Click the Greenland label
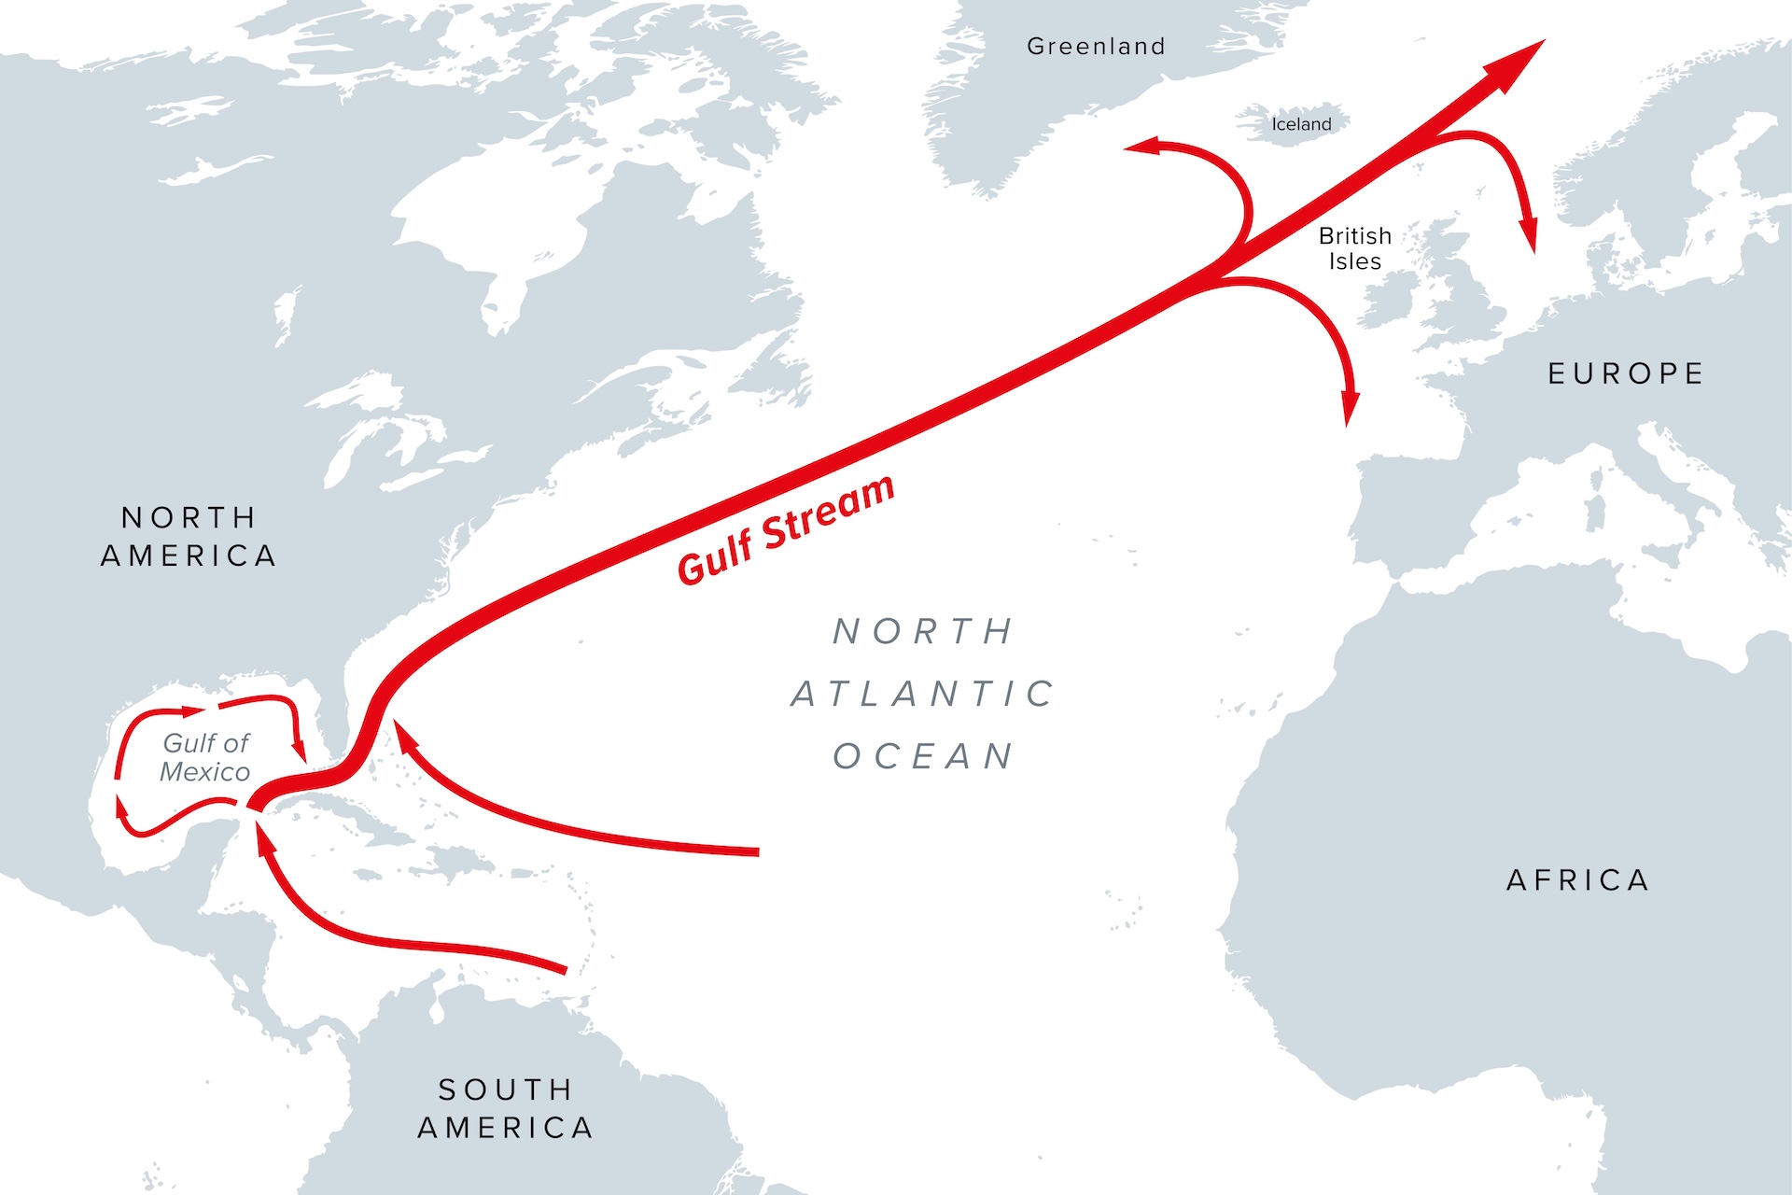tap(1096, 47)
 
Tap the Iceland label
tap(1301, 124)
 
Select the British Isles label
tap(1354, 248)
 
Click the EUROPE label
tap(1626, 374)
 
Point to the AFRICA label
tap(1578, 880)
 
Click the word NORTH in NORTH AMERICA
tap(189, 517)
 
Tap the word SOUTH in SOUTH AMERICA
tap(505, 1090)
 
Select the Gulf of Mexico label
tap(205, 757)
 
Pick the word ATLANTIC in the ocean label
tap(923, 694)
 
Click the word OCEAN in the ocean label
tap(923, 756)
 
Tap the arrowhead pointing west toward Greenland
tap(1141, 147)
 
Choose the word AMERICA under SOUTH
tap(505, 1128)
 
